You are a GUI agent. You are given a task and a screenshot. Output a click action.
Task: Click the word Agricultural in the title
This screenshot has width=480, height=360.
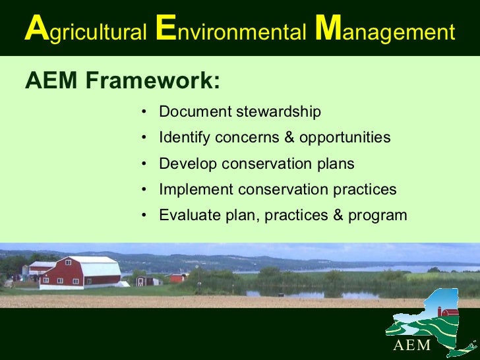pos(85,31)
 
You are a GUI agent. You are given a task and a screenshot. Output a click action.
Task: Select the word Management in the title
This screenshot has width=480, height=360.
pos(385,31)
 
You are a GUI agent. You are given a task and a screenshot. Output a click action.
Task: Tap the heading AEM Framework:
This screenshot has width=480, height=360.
pos(123,82)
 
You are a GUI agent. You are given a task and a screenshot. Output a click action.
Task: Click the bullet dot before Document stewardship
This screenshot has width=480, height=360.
pos(144,112)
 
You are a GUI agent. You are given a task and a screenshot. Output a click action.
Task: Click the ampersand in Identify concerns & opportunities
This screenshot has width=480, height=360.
pos(289,138)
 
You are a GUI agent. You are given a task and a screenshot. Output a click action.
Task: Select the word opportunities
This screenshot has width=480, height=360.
pos(345,138)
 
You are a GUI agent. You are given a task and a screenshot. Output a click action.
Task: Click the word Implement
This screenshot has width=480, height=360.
pos(196,190)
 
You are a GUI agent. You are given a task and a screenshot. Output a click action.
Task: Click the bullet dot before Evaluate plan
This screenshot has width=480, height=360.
pos(144,216)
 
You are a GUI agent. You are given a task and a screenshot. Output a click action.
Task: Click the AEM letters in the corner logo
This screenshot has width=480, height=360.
pos(412,345)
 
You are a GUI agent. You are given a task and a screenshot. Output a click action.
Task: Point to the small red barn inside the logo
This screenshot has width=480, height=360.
pos(450,311)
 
